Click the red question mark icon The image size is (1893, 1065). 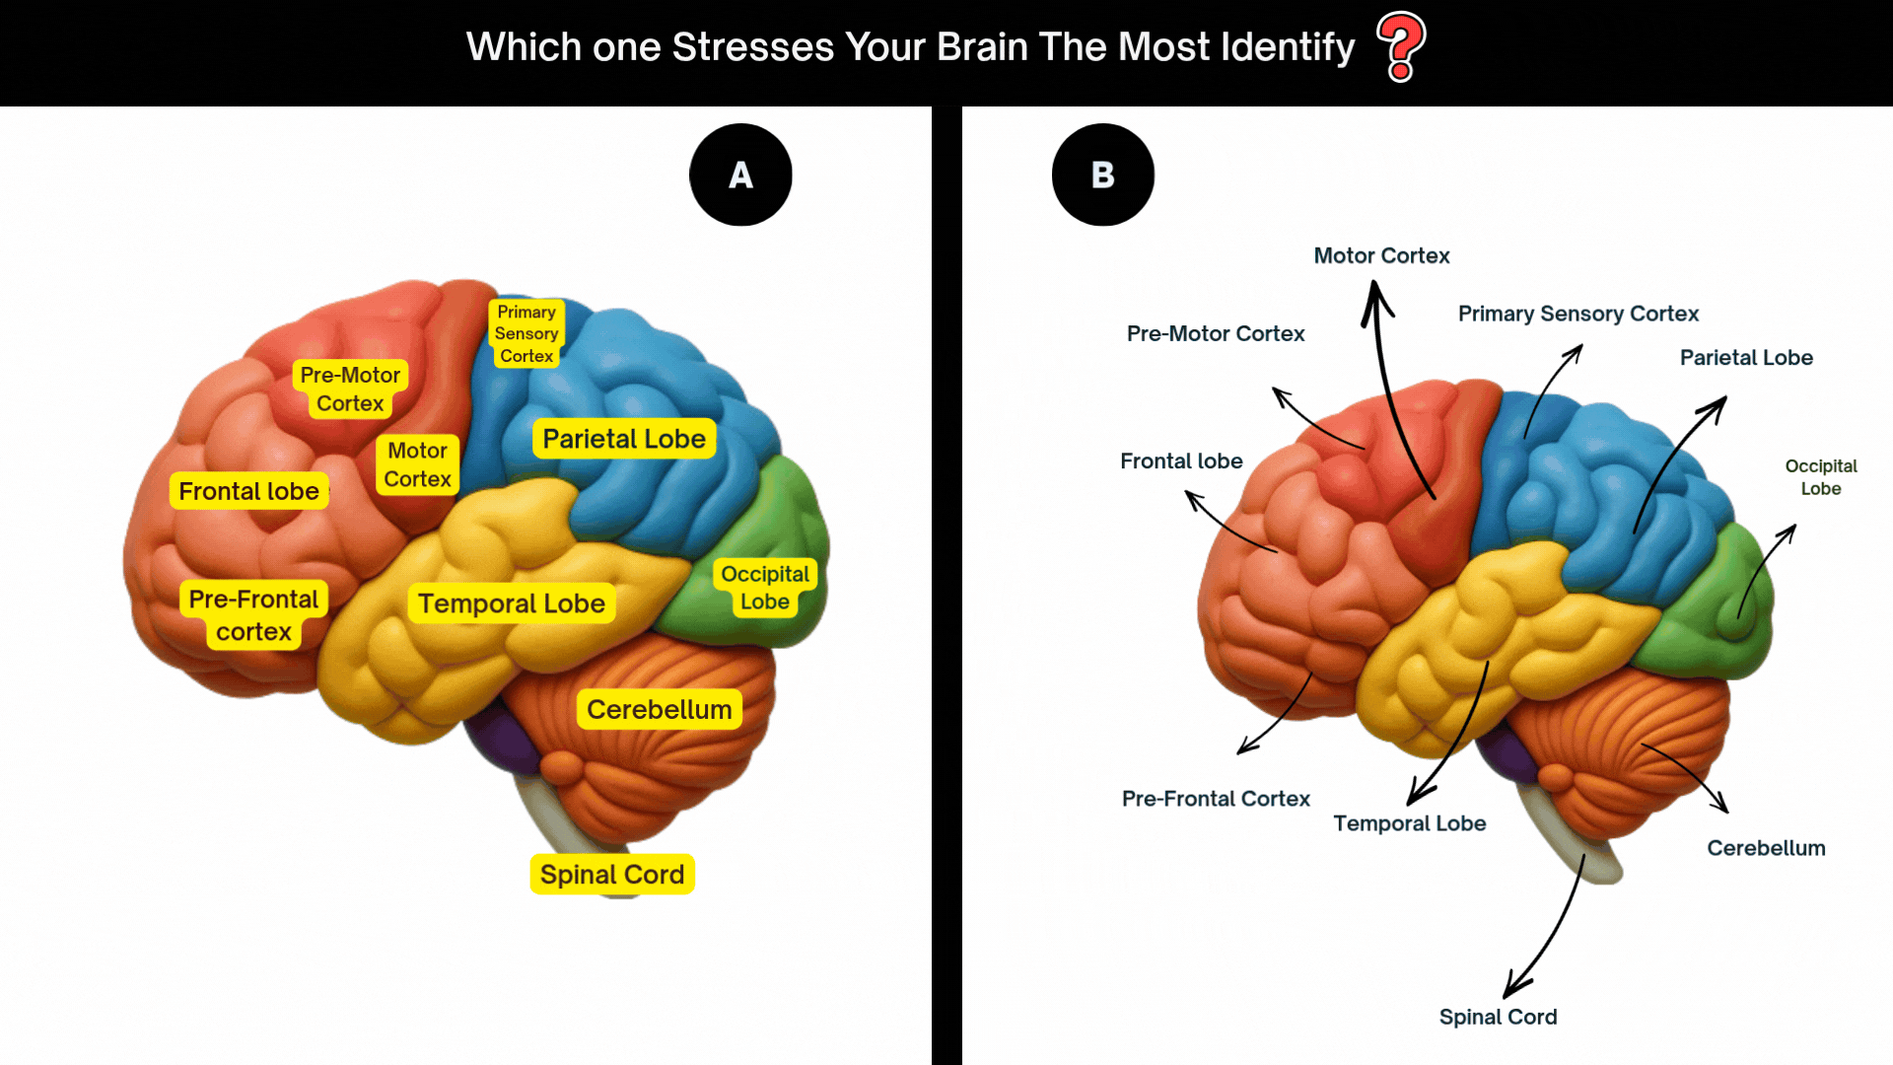(1401, 46)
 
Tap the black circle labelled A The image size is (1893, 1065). (740, 175)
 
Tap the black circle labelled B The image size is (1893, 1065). (1103, 175)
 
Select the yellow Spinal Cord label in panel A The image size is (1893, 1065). (612, 875)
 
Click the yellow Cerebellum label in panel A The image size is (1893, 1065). (660, 709)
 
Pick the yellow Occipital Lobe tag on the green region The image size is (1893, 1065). (765, 588)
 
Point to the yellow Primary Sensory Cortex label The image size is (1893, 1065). (526, 333)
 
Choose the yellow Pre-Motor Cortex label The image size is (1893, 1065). (350, 389)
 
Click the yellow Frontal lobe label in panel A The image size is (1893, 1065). (249, 491)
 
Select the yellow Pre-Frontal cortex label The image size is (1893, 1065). (254, 615)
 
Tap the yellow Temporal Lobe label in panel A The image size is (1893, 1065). (512, 603)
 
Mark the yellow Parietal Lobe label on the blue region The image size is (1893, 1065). (624, 439)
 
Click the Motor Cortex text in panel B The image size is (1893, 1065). (1381, 255)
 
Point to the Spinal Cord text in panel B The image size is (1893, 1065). (1498, 1017)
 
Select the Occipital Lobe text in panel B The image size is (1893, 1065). (1821, 477)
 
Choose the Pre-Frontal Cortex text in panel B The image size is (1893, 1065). (1216, 799)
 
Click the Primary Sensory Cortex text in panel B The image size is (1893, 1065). (1578, 314)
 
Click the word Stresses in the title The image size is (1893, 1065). (753, 46)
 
